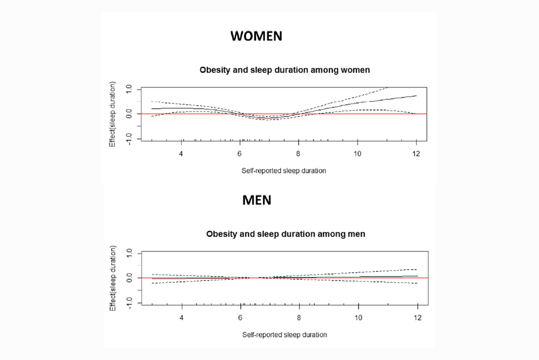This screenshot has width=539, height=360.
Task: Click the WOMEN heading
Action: [x=256, y=36]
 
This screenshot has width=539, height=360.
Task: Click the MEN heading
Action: [x=256, y=200]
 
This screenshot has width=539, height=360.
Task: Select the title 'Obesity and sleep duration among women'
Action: [x=284, y=70]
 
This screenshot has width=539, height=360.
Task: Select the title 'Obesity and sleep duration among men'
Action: [x=285, y=234]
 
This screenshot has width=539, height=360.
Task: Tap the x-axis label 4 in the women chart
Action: [x=181, y=154]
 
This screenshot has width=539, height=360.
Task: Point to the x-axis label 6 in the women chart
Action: [x=240, y=154]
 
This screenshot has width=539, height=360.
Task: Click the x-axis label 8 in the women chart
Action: [x=298, y=154]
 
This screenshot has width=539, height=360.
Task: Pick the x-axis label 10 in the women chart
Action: [x=357, y=154]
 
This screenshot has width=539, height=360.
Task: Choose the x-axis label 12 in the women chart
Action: [x=416, y=154]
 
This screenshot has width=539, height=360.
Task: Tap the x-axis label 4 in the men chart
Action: [x=181, y=318]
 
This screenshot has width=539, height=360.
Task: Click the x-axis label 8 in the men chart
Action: [x=299, y=318]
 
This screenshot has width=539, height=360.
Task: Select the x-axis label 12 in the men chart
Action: [x=417, y=318]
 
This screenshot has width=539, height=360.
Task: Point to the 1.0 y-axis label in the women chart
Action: [x=129, y=89]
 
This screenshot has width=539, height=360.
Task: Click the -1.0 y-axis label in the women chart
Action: [x=129, y=139]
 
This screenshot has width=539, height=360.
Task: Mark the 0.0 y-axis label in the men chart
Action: [x=129, y=278]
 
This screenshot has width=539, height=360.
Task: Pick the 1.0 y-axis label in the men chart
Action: [x=129, y=253]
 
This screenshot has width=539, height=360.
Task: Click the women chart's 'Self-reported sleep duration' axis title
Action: [x=283, y=171]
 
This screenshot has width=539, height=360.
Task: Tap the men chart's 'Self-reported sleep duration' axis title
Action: [x=284, y=335]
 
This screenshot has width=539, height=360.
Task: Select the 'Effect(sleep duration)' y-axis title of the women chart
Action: [x=112, y=114]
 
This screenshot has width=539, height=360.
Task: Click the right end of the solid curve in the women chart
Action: [x=416, y=96]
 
